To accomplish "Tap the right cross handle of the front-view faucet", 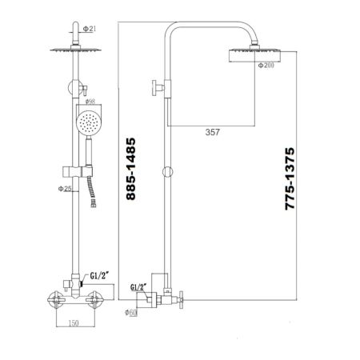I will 98,302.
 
